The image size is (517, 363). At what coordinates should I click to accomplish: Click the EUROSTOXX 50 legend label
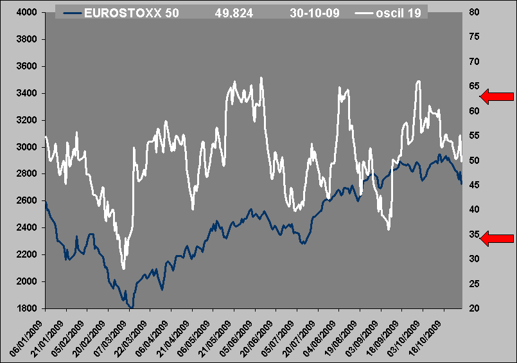[x=131, y=13]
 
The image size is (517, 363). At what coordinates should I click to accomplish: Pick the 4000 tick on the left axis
[x=24, y=12]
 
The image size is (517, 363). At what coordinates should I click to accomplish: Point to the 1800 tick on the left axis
[x=24, y=308]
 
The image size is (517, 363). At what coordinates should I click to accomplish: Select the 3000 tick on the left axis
[x=24, y=147]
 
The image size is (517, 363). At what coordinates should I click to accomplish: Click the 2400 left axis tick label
[x=24, y=228]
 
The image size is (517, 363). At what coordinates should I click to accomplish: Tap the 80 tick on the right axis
[x=475, y=12]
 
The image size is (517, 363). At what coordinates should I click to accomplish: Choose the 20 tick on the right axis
[x=475, y=308]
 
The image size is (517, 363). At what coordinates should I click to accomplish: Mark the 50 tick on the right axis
[x=475, y=161]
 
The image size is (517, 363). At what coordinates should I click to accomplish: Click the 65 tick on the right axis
[x=475, y=86]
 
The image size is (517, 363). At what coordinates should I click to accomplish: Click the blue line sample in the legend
[x=71, y=13]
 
